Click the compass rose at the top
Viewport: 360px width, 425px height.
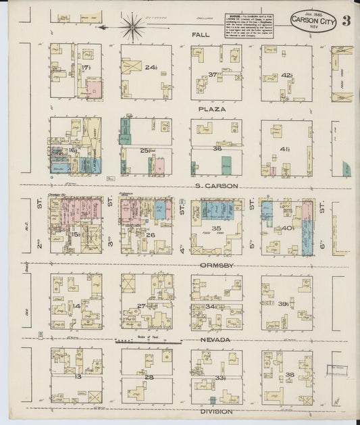click(132, 28)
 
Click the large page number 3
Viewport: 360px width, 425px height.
click(346, 20)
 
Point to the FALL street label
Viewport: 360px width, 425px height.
click(200, 34)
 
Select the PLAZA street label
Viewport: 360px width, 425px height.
click(211, 108)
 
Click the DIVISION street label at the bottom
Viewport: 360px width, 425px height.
click(216, 411)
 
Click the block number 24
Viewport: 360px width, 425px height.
click(150, 67)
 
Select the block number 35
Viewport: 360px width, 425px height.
click(217, 229)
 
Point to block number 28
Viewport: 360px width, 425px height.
click(149, 377)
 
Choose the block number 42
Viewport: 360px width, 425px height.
click(286, 75)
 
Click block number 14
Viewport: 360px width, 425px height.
click(76, 305)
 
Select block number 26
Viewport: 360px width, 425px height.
click(150, 235)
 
